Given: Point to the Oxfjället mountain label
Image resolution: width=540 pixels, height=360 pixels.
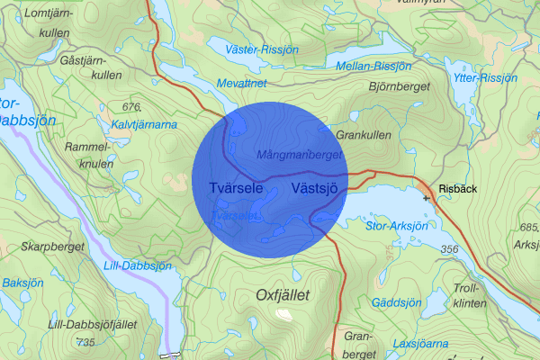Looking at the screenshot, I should [283, 294].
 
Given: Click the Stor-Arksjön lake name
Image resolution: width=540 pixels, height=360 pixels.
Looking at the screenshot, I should [397, 227].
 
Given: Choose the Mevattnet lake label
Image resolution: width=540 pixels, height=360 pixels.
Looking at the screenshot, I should [243, 83].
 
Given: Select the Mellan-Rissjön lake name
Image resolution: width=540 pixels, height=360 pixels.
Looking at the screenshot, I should [373, 67].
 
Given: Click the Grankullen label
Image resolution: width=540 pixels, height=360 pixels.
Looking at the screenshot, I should [363, 135].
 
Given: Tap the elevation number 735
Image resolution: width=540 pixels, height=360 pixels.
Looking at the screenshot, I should [86, 342].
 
